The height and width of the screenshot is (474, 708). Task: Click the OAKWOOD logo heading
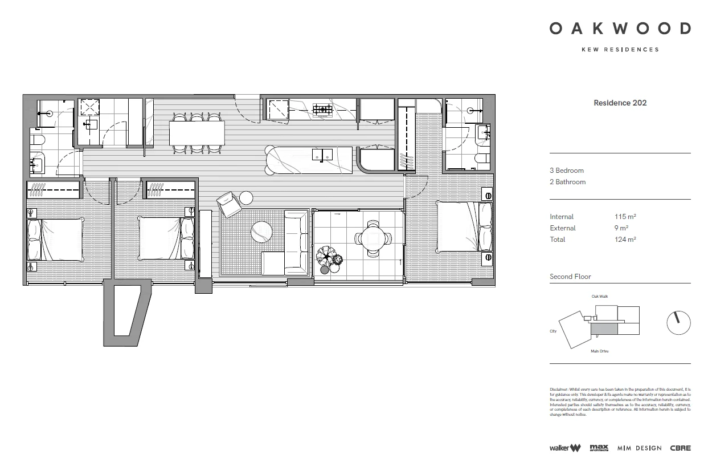(620, 29)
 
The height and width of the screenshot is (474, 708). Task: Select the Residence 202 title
(620, 103)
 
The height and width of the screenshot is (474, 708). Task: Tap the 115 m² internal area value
(625, 217)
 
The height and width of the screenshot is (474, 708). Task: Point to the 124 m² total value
(625, 240)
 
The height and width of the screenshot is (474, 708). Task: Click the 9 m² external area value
(620, 228)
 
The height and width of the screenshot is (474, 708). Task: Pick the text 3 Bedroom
(566, 171)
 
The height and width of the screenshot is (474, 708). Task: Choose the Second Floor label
(570, 277)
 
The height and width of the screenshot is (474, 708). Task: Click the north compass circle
(678, 323)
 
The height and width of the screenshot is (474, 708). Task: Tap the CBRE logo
(680, 448)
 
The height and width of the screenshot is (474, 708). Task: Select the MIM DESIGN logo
(639, 448)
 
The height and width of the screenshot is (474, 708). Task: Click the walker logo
(564, 448)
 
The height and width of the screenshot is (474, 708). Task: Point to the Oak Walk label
(600, 297)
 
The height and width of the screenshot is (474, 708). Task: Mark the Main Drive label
(599, 351)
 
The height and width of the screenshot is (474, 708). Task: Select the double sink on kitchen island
(323, 154)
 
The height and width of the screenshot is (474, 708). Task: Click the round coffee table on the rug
(262, 232)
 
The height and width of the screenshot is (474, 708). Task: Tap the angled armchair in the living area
(229, 204)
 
